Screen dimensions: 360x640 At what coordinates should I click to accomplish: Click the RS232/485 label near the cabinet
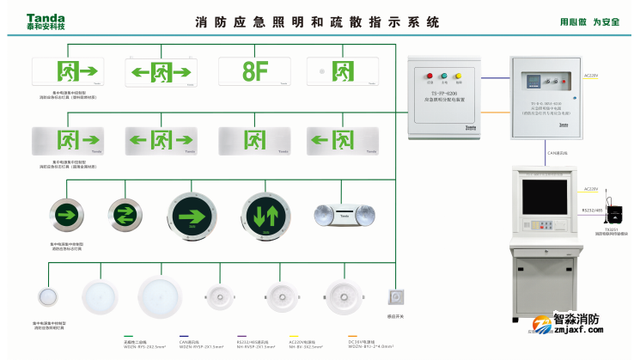(592, 210)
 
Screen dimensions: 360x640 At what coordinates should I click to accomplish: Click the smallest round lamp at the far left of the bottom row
(47, 298)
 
